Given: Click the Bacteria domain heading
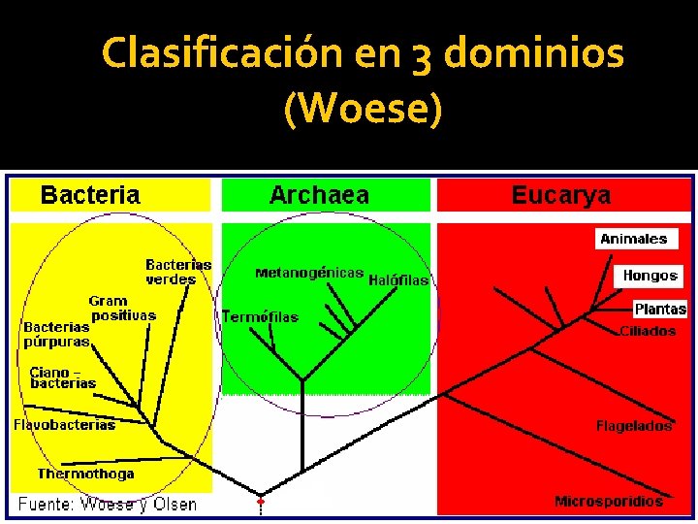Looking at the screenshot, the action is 90,195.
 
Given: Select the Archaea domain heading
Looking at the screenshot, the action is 319,195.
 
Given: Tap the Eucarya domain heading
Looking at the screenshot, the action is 561,195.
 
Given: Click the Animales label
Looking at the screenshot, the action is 634,239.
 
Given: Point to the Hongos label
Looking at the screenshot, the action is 650,276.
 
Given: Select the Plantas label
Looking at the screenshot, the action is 660,310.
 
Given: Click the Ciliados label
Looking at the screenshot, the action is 648,331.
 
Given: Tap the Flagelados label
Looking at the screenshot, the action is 633,426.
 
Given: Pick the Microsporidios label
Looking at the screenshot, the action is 609,502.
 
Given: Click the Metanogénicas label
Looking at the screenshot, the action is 309,273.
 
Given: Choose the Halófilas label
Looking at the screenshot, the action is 398,279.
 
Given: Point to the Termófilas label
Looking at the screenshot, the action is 260,316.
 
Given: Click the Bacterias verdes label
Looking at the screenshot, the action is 178,272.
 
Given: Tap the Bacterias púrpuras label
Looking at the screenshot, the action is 56,334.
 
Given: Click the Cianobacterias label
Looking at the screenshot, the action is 63,377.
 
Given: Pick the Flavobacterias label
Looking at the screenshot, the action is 64,424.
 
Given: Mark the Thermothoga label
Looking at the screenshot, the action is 85,474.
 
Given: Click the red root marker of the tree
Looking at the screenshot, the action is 260,502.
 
